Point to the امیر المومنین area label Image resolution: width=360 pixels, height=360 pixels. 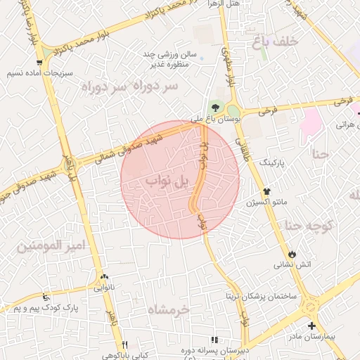point(50,246)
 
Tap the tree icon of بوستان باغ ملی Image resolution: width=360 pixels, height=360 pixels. point(215,107)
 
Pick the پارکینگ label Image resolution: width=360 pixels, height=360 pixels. point(274,162)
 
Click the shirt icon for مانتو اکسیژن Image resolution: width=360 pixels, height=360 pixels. point(266,191)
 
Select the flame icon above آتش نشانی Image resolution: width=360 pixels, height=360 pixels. point(292,254)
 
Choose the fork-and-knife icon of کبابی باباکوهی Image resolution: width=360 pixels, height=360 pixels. point(125,345)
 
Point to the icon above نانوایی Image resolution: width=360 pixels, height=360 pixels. point(104,277)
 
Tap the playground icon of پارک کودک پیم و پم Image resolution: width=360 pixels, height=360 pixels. point(46,296)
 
